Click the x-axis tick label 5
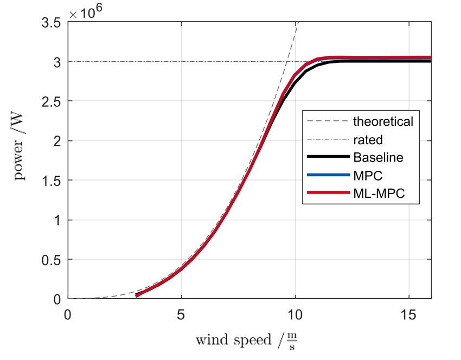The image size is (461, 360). coord(181,315)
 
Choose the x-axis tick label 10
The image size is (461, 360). coord(295,315)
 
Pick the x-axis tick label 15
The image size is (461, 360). coord(409,315)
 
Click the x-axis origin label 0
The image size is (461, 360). coord(68,315)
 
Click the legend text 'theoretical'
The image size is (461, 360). coord(383,121)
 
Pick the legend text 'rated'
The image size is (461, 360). coord(368,140)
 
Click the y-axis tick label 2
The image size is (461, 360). coord(56,141)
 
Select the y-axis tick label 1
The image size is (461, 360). coord(56,220)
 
